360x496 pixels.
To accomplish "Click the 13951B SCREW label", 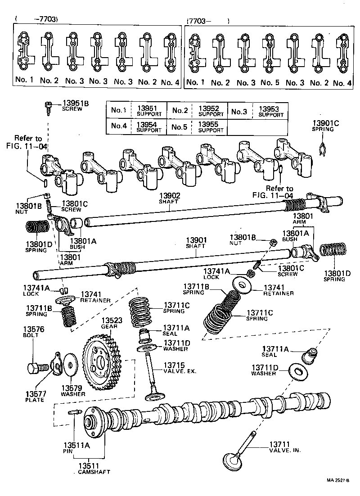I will pyautogui.click(x=75, y=105).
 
